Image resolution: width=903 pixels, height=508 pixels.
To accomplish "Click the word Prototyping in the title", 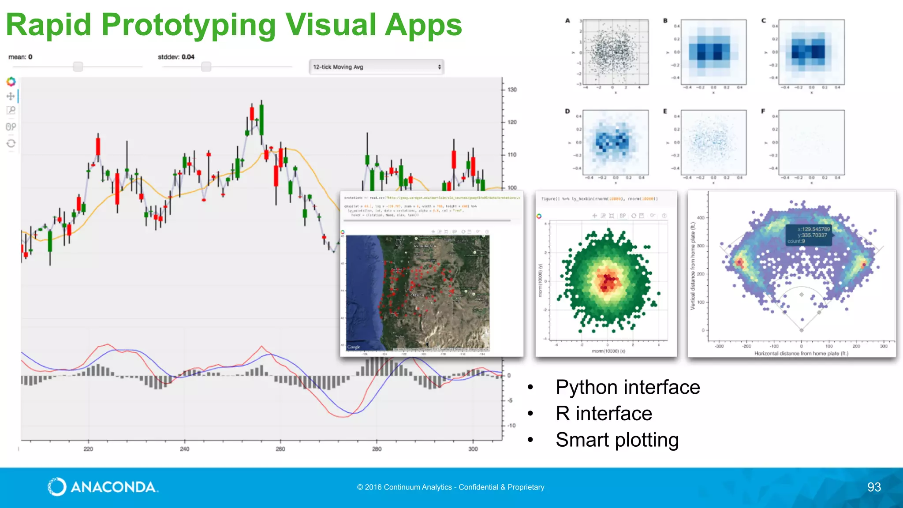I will (188, 26).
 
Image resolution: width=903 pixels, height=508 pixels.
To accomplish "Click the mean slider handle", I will (78, 67).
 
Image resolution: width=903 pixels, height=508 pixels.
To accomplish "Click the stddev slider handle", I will (206, 67).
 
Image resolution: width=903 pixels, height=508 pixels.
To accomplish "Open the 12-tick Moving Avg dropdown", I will (376, 67).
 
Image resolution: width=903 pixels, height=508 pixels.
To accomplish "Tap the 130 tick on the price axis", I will (511, 90).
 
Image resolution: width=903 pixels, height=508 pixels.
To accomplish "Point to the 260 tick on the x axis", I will (280, 449).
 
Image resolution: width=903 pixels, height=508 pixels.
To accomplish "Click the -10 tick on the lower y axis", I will (511, 426).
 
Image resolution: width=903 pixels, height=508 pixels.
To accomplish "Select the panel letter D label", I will (567, 112).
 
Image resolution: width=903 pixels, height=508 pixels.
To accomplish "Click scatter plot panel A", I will (616, 52).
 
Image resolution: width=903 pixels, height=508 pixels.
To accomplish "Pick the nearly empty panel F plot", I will (811, 142).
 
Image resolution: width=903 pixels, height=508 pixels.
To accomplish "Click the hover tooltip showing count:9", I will (809, 235).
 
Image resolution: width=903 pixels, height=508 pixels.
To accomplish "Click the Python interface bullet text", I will (627, 387).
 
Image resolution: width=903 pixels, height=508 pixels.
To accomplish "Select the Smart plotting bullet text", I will (617, 440).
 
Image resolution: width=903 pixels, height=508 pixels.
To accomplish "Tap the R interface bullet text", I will (604, 414).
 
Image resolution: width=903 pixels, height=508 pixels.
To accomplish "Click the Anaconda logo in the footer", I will (102, 487).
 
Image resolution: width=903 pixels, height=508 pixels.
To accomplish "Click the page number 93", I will (874, 487).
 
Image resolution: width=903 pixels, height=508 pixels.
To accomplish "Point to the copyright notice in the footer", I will (451, 487).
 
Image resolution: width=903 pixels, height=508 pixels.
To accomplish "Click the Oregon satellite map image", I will (418, 293).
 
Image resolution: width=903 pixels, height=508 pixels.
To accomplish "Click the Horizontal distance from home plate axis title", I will (801, 353).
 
